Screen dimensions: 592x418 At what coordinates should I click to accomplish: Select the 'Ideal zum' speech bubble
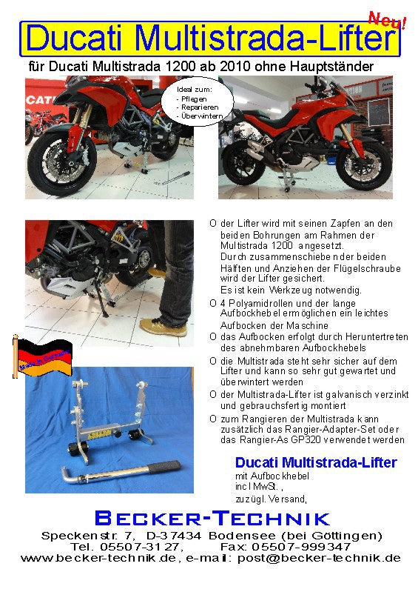click(x=198, y=104)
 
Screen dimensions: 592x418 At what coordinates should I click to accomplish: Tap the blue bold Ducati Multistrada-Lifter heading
click(x=315, y=462)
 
